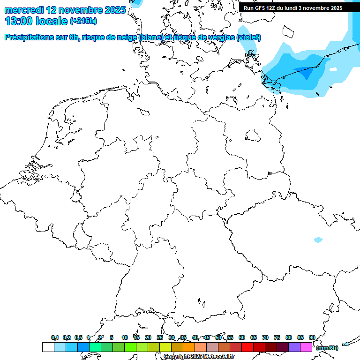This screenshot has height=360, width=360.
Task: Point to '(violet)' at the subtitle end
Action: pyautogui.click(x=249, y=37)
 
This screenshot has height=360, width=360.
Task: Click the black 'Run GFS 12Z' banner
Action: pyautogui.click(x=293, y=8)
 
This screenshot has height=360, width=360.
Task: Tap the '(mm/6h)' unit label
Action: pyautogui.click(x=327, y=348)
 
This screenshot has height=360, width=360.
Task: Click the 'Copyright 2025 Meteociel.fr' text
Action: pyautogui.click(x=199, y=357)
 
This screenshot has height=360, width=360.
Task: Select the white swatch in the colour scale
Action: pyautogui.click(x=48, y=347)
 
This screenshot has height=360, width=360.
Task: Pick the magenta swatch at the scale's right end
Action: pyautogui.click(x=306, y=347)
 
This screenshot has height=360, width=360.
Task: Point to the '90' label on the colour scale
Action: pyautogui.click(x=312, y=337)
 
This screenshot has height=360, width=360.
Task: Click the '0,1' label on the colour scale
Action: pyautogui.click(x=55, y=337)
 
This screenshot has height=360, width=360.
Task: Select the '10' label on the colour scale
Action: pyautogui.click(x=125, y=337)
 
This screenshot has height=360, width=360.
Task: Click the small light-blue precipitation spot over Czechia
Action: pyautogui.click(x=318, y=240)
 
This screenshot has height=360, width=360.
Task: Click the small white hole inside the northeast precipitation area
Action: pyautogui.click(x=333, y=69)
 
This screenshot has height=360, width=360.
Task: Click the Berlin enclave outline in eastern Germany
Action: pyautogui.click(x=253, y=135)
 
